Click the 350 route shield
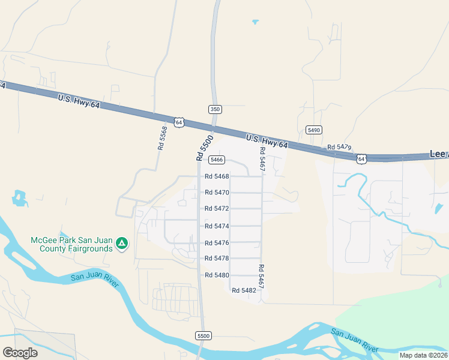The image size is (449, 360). point(215,109)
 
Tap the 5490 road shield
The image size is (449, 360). point(313,130)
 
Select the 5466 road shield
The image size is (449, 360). point(217,160)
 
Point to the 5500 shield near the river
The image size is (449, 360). point(203,336)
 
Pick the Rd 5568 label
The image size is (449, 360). point(162,137)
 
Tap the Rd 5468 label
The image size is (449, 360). point(217,176)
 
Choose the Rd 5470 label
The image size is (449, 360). point(217,193)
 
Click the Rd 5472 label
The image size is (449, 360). point(217,209)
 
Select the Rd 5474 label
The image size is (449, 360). point(217,226)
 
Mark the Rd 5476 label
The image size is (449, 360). point(217,243)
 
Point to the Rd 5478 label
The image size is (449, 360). point(217,259)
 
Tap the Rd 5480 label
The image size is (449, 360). point(217,275)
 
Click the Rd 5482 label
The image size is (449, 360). point(244,290)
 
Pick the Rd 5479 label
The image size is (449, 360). point(339,147)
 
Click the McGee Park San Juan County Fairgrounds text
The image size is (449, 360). point(72,244)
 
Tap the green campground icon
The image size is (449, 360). point(122,243)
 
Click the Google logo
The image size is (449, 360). point(20,353)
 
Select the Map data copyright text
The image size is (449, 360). point(424,355)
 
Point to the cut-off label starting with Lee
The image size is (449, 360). point(439,154)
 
